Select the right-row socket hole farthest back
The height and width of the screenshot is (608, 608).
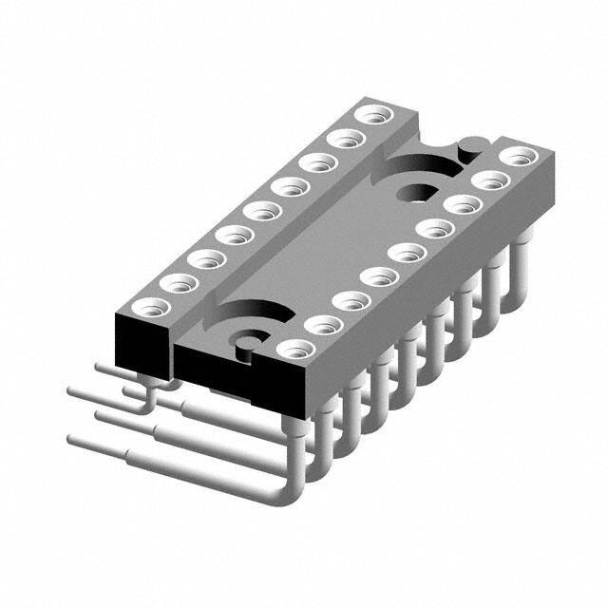coord(514,157)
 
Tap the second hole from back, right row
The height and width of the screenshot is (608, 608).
coord(487,180)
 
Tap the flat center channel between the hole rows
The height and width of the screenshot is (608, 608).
coord(313,237)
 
